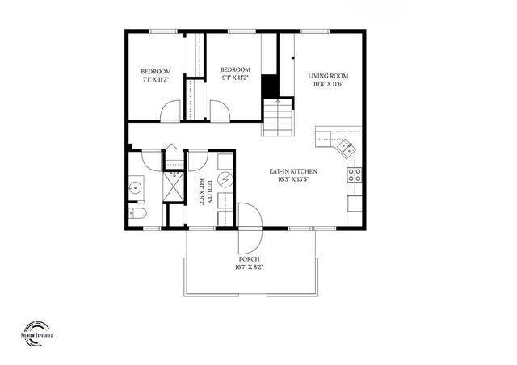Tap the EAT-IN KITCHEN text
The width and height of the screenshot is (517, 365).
point(292,171)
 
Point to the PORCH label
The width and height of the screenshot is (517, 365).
point(250,259)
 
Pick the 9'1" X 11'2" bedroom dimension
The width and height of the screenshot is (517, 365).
point(235,78)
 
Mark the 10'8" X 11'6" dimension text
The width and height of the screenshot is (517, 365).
point(326,85)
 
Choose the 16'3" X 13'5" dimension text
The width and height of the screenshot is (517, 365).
point(292,179)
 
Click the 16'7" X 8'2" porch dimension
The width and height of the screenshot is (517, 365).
point(250,266)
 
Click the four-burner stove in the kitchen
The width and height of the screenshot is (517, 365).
point(354,172)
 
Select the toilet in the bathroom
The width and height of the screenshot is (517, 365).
point(136,213)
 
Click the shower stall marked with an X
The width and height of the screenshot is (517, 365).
point(174,187)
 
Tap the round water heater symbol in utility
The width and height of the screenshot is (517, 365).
point(226,178)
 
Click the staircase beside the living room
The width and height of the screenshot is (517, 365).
point(278,117)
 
